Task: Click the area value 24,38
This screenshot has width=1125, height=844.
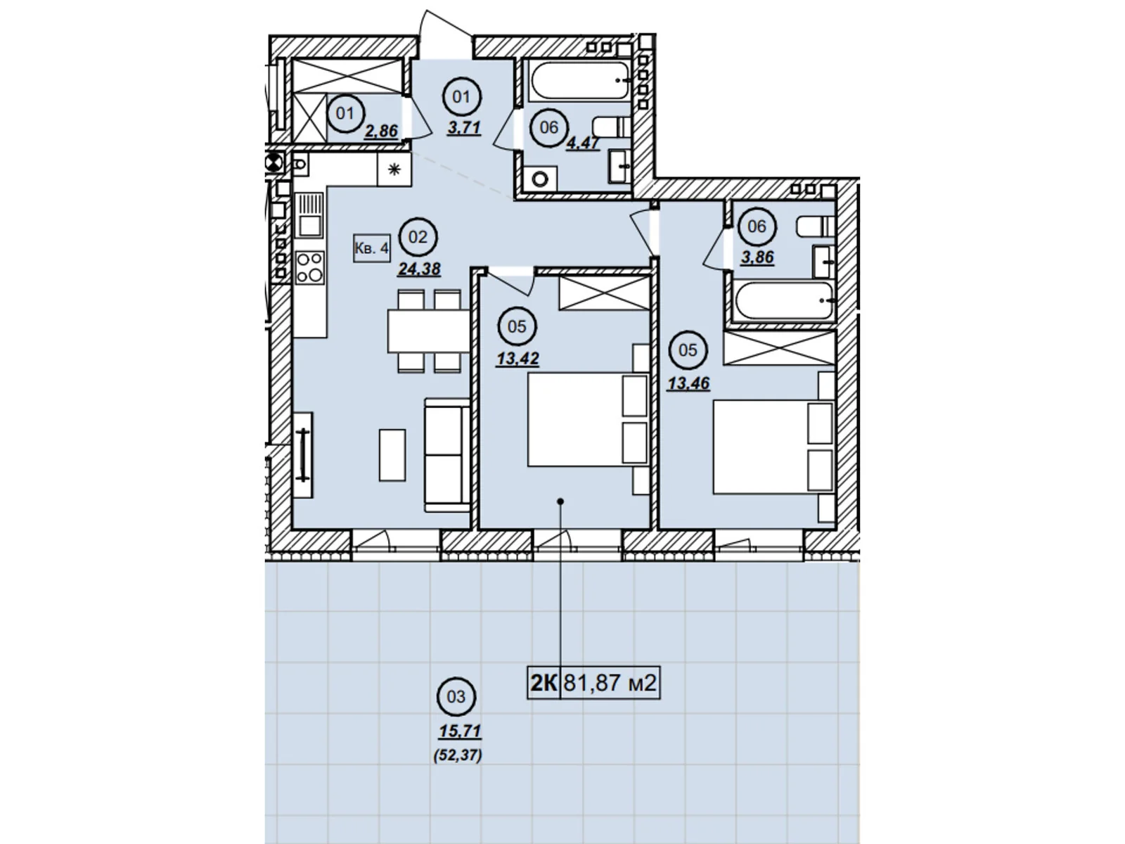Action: pos(419,269)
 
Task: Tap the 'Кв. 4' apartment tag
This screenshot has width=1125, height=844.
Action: pos(371,248)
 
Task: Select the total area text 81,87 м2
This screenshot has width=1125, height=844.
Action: pos(610,682)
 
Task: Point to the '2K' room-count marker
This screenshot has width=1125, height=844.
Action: pos(544,683)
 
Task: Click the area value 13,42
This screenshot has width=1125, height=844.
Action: pos(517,359)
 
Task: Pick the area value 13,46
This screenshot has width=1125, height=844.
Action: pos(688,383)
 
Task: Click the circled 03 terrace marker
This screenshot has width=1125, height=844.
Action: pos(456,697)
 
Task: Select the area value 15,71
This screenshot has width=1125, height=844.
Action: pos(460,731)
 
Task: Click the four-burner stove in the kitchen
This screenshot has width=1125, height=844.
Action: pos(310,267)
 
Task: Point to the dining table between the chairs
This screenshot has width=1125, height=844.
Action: pos(429,331)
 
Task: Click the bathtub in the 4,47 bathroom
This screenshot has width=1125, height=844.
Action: pos(580,80)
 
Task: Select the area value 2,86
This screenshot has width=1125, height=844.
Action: pos(381,132)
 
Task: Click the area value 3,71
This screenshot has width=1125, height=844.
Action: pos(464,127)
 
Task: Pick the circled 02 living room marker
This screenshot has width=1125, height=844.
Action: pos(418,237)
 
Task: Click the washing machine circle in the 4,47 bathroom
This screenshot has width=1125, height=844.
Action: pos(541,179)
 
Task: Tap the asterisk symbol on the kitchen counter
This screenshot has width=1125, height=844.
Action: pos(394,169)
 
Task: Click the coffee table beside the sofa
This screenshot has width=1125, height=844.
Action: pos(392,455)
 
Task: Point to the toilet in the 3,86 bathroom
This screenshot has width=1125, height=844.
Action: pos(815,226)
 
